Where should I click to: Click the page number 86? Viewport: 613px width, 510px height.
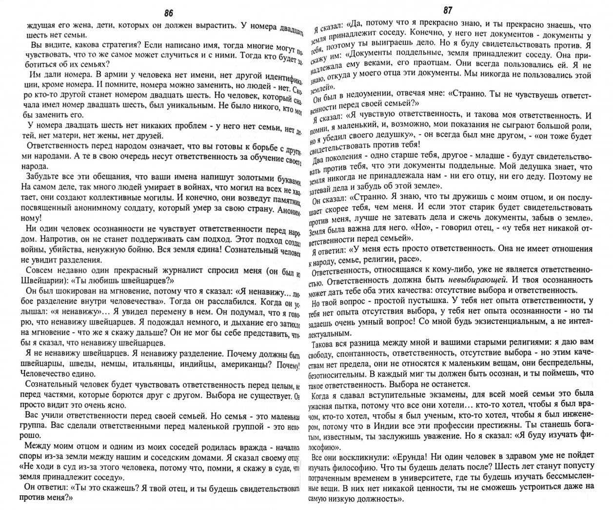click(169, 13)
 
